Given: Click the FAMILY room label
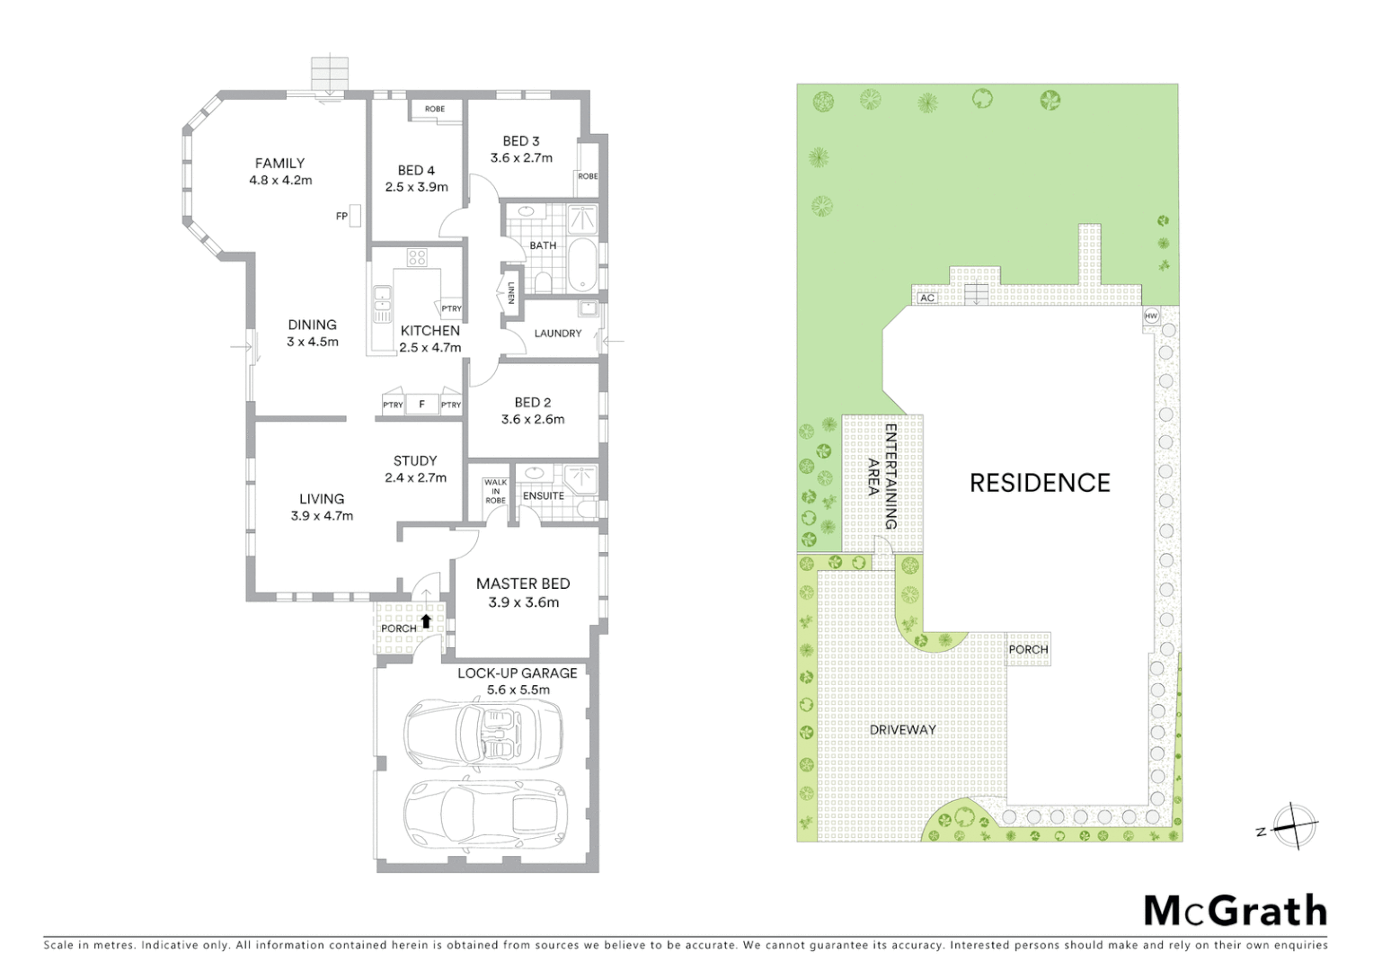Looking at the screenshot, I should [x=279, y=163].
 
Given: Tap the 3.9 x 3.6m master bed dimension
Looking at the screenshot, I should [x=523, y=602].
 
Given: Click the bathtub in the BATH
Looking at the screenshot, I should [x=581, y=265].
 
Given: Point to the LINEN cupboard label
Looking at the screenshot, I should [x=510, y=293].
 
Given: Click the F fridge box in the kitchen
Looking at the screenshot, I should [x=421, y=405].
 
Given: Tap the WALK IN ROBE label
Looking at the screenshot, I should [x=495, y=491].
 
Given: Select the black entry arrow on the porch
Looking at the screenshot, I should [x=426, y=619].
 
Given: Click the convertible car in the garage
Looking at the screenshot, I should [x=483, y=728].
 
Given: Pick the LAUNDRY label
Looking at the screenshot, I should [x=557, y=333].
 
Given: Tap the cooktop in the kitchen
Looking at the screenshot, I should [x=416, y=258].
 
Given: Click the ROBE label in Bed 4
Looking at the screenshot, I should [x=435, y=109].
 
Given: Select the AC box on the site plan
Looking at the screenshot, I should [x=927, y=298].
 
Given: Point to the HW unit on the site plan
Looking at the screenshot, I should [x=1151, y=316].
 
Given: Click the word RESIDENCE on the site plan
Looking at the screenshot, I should [x=1040, y=483].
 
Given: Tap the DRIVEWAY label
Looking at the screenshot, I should [x=902, y=729].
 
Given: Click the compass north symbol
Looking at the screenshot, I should [x=1294, y=826].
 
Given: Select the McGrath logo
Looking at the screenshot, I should [x=1235, y=911].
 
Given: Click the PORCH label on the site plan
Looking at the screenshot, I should [x=1028, y=649].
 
